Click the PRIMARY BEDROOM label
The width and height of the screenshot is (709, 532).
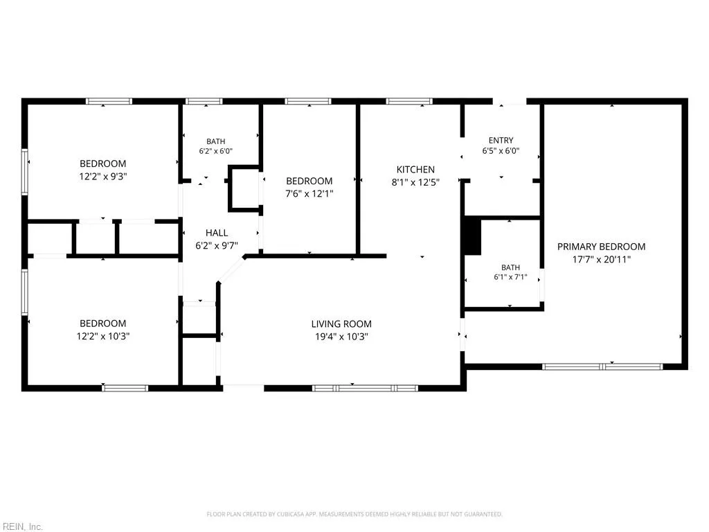(601, 247)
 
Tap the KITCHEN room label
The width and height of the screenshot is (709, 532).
(415, 170)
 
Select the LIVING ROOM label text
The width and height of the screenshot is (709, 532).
(341, 324)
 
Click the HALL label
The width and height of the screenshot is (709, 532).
(217, 233)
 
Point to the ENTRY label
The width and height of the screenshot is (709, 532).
(501, 140)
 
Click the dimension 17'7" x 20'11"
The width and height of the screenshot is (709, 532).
(601, 259)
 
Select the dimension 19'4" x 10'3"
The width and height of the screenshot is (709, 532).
(341, 337)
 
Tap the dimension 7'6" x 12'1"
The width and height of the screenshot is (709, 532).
(309, 194)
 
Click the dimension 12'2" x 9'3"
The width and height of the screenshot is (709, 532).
(103, 177)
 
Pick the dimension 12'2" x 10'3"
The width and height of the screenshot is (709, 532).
(103, 336)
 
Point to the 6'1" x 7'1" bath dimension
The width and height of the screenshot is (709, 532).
(510, 277)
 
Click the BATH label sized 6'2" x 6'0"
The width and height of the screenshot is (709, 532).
(216, 141)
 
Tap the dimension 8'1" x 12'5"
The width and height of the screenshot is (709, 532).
(415, 182)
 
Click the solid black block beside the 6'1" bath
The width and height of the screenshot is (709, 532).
(473, 236)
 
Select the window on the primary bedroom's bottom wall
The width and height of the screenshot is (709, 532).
(602, 366)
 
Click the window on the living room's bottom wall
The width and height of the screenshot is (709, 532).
(365, 388)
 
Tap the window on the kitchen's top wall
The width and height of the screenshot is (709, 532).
(409, 101)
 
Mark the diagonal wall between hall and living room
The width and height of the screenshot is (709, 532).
(231, 269)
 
